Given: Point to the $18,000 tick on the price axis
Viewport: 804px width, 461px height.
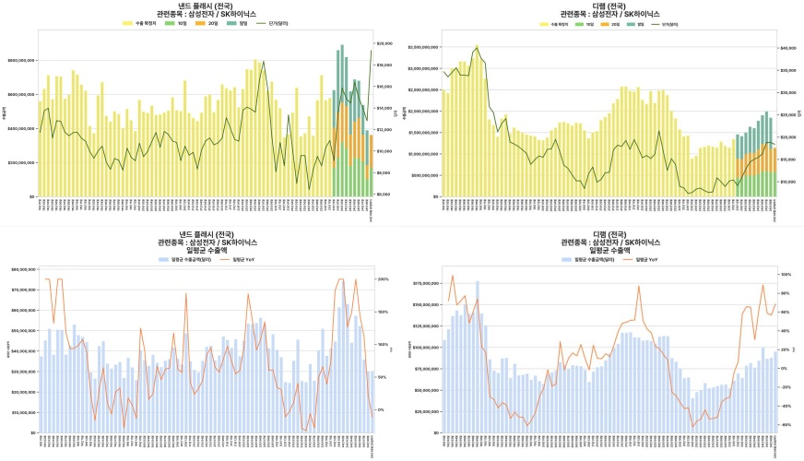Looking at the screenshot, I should tap(385, 65).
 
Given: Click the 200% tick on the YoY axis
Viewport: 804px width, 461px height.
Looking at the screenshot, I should tap(384, 278).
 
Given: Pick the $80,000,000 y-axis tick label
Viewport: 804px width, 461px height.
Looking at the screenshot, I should tap(22, 269).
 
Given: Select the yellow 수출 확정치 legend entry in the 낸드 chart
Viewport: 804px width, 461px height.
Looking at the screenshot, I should tap(139, 23).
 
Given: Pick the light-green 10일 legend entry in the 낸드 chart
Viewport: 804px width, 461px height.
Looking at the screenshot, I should tap(177, 23).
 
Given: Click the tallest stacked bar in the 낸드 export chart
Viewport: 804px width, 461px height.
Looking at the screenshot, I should tap(342, 120).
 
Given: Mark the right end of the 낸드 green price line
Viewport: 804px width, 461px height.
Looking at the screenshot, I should tap(372, 51).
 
